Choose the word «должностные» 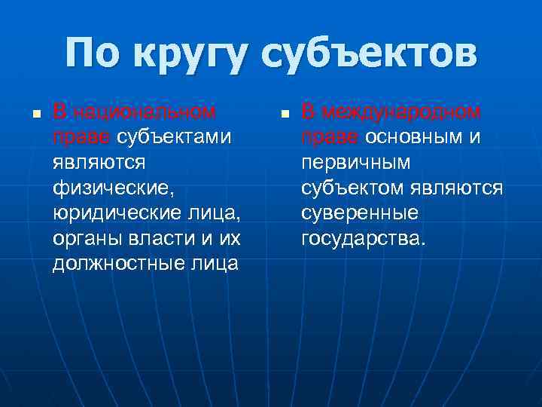coord(114,265)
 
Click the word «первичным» coord(356,163)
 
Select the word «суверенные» coord(360,213)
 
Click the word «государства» coord(363,239)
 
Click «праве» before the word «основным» coord(330,137)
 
